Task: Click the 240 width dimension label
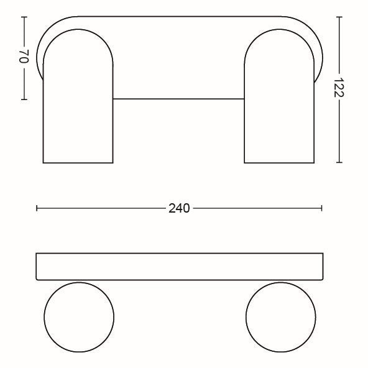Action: click(179, 208)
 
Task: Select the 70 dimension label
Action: click(24, 57)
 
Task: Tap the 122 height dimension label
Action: click(339, 87)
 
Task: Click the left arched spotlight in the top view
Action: click(43, 113)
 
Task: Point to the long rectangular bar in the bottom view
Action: click(180, 253)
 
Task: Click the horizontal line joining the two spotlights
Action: click(178, 99)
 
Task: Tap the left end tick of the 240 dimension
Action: click(37, 208)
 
